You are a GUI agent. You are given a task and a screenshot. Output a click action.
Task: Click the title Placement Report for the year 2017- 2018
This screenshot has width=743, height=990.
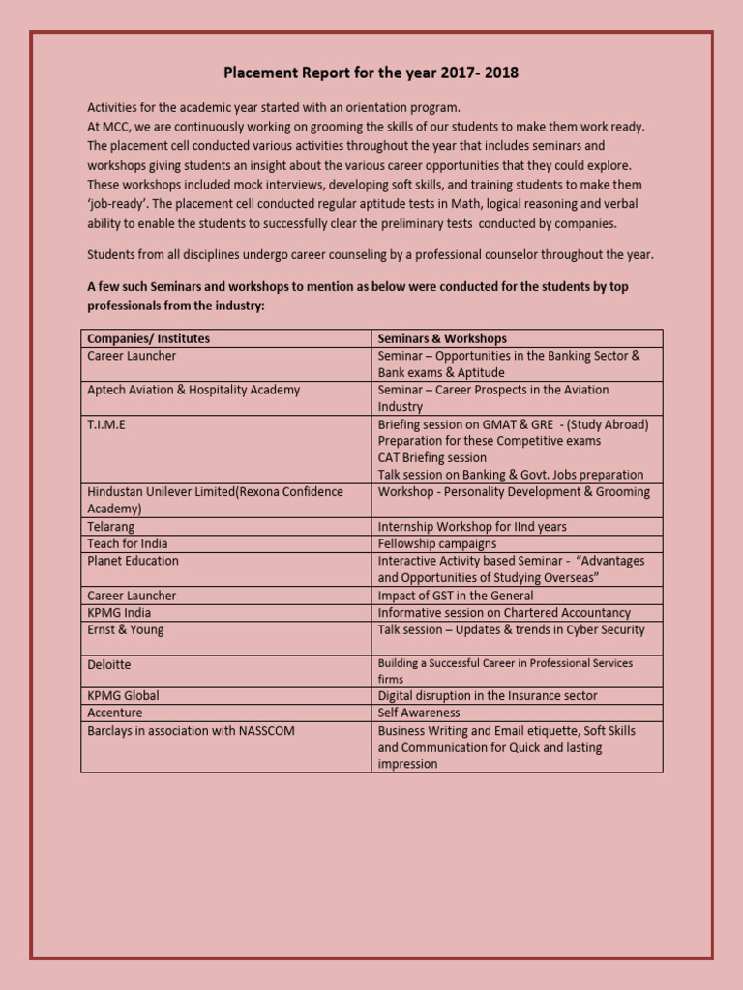pyautogui.click(x=371, y=73)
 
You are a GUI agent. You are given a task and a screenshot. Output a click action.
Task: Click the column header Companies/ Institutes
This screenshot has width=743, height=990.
pyautogui.click(x=148, y=338)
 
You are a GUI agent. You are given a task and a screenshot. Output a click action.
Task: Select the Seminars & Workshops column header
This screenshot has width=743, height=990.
pyautogui.click(x=442, y=338)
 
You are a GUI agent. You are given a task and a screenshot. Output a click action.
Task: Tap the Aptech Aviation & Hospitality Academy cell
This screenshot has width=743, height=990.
pyautogui.click(x=193, y=390)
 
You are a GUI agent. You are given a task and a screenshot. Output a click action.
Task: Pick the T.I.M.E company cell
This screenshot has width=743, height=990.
pyautogui.click(x=106, y=423)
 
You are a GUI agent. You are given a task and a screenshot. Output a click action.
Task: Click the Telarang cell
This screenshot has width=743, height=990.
pyautogui.click(x=111, y=527)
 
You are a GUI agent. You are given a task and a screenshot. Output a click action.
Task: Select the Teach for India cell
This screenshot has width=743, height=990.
pyautogui.click(x=127, y=544)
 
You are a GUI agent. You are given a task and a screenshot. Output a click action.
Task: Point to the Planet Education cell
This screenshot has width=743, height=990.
pyautogui.click(x=133, y=561)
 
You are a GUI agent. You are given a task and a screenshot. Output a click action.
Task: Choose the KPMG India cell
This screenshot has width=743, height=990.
pyautogui.click(x=119, y=613)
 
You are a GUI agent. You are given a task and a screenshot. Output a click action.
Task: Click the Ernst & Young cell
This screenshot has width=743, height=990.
pyautogui.click(x=126, y=630)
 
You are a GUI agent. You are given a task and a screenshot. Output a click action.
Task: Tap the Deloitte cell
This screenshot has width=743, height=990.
pyautogui.click(x=109, y=665)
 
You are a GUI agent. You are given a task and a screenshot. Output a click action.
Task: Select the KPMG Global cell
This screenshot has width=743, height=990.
pyautogui.click(x=123, y=696)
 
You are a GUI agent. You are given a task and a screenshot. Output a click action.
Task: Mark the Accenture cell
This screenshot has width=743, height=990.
pyautogui.click(x=115, y=713)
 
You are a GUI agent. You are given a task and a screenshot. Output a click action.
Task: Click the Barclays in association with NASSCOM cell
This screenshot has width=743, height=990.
pyautogui.click(x=191, y=731)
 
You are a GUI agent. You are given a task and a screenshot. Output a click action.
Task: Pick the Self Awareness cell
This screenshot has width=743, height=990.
pyautogui.click(x=419, y=713)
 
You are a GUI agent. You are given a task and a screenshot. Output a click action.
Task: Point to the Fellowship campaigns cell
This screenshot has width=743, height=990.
pyautogui.click(x=436, y=544)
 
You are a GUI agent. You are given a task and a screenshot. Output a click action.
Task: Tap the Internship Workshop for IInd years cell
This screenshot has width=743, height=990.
pyautogui.click(x=472, y=527)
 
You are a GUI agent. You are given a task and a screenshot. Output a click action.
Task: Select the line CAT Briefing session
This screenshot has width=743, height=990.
pyautogui.click(x=431, y=457)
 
